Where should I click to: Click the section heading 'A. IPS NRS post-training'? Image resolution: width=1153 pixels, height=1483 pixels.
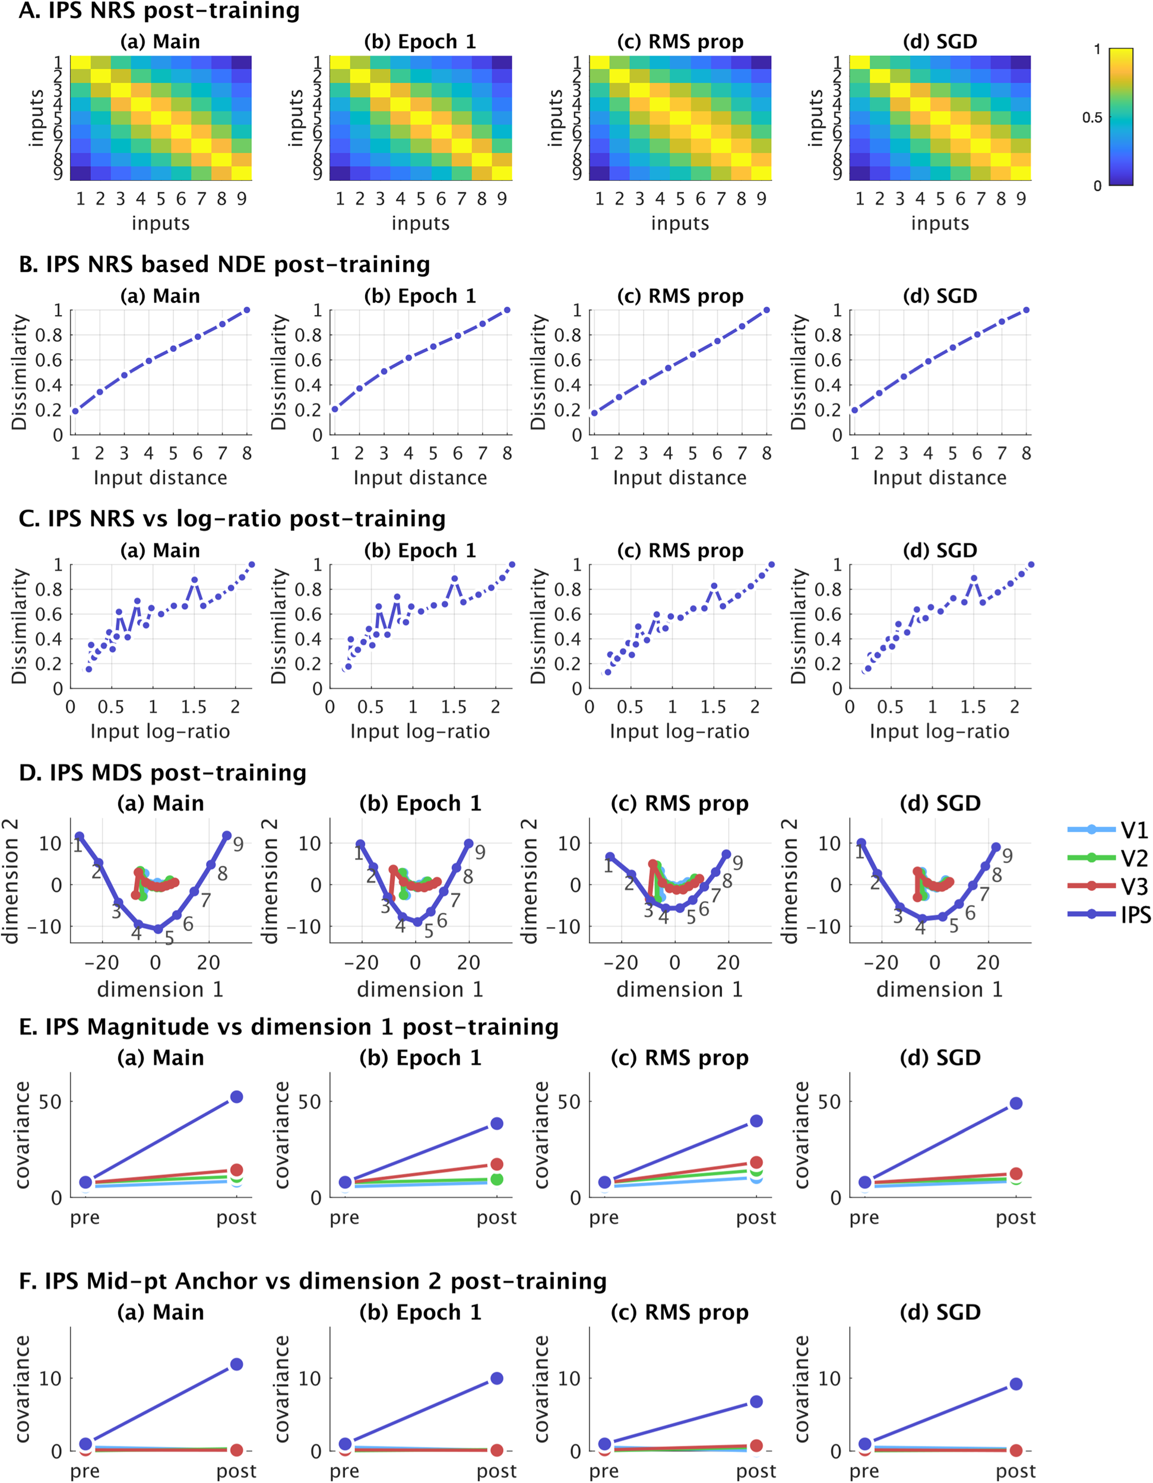coord(159,11)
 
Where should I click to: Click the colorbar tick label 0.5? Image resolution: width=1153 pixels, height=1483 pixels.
coord(1092,117)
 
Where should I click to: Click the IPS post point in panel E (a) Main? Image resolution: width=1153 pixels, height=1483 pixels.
coord(236,1097)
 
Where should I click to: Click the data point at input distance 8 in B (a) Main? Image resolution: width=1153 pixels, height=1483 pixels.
coord(246,310)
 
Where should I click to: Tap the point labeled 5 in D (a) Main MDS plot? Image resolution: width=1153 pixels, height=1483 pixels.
coord(159,929)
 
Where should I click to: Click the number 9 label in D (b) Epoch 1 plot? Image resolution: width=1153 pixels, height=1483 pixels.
coord(480,853)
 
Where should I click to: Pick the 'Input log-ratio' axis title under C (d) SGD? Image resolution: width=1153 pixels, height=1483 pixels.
coord(939,731)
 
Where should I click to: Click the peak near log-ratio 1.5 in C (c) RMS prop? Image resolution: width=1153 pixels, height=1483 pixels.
coord(714,585)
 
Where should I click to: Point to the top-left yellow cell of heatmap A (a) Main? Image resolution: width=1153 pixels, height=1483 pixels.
coord(80,62)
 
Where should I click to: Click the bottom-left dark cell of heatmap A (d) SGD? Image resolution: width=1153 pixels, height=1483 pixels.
coord(860,173)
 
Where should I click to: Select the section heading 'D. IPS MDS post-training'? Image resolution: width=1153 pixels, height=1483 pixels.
coord(163,773)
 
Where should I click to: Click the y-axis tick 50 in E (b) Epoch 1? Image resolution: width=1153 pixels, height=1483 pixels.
coord(309,1102)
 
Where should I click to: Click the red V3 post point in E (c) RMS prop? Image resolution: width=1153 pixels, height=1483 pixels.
coord(756,1163)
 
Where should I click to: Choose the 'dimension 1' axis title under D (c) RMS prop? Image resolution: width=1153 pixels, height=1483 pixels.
coord(679,989)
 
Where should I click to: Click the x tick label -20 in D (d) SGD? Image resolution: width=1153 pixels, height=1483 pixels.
coord(881,962)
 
